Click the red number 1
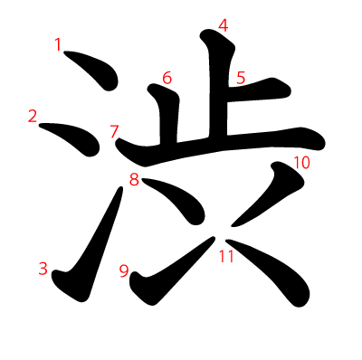point(59,44)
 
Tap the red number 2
point(33,116)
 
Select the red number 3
point(43,268)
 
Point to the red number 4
point(224,25)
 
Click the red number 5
point(241,78)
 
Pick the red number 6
point(167,78)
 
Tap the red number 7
point(114,131)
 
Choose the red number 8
point(134,179)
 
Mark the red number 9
point(124,270)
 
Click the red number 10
point(301,163)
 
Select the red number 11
point(226,256)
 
